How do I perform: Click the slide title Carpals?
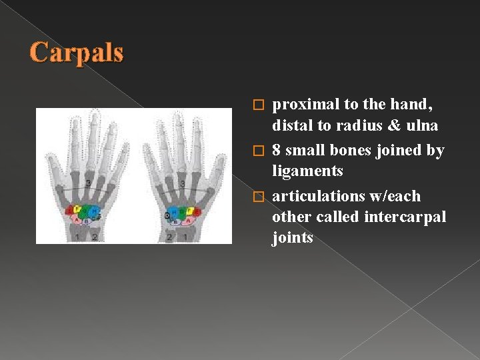(77, 52)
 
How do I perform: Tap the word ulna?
(419, 125)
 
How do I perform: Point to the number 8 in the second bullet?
(277, 151)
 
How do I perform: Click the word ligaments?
(307, 171)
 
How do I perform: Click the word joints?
(292, 237)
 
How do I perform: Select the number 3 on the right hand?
(182, 183)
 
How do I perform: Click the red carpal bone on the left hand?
(70, 213)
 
